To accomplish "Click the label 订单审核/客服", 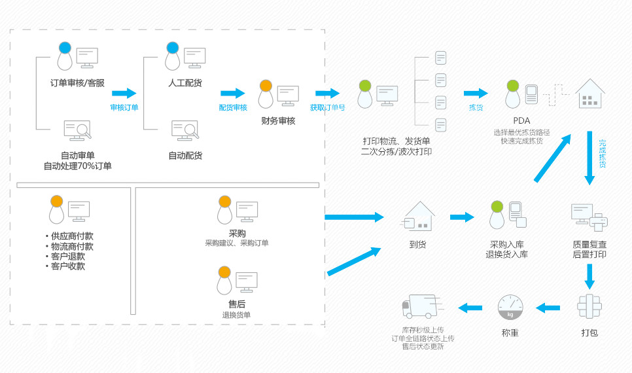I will (77, 83).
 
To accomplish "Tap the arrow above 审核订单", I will (124, 94).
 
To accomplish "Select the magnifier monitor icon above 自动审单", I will (77, 130).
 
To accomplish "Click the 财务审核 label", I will (278, 121).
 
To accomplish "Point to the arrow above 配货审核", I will (232, 94).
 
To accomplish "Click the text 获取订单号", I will (327, 107).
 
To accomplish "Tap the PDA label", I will (521, 120).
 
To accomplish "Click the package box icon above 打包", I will (589, 306).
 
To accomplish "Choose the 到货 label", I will (418, 245).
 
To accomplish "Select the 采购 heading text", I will (237, 234).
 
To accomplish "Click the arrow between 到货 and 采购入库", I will (461, 217).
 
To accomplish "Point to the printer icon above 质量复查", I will (589, 217).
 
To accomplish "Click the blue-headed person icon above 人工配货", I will (172, 56).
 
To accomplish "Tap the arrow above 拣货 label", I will (476, 94).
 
